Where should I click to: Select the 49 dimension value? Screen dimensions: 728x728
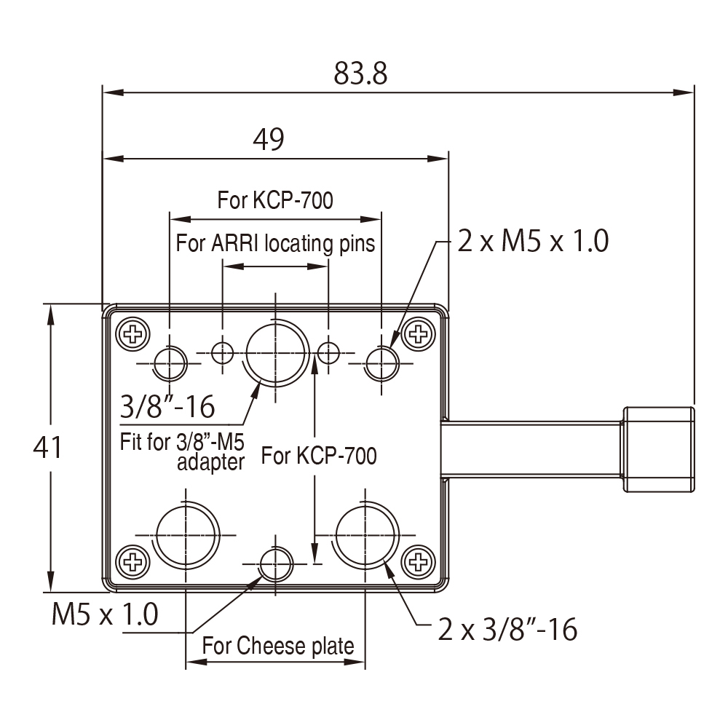pyautogui.click(x=268, y=139)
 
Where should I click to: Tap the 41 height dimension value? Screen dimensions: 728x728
pyautogui.click(x=48, y=448)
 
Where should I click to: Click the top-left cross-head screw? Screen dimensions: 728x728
pyautogui.click(x=134, y=334)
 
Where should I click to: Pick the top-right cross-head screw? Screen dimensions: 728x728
pyautogui.click(x=418, y=334)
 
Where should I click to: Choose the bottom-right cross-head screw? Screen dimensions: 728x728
pyautogui.click(x=418, y=561)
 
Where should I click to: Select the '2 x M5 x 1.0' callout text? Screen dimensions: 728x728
pyautogui.click(x=532, y=241)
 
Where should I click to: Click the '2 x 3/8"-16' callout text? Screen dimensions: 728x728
pyautogui.click(x=507, y=629)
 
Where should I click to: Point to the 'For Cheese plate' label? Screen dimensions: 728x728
pyautogui.click(x=278, y=645)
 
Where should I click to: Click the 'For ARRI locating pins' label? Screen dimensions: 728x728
pyautogui.click(x=275, y=242)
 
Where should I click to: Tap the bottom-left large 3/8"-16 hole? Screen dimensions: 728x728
pyautogui.click(x=186, y=535)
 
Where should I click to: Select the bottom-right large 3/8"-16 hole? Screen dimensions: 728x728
pyautogui.click(x=365, y=535)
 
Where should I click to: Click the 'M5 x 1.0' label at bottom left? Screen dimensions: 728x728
pyautogui.click(x=105, y=615)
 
